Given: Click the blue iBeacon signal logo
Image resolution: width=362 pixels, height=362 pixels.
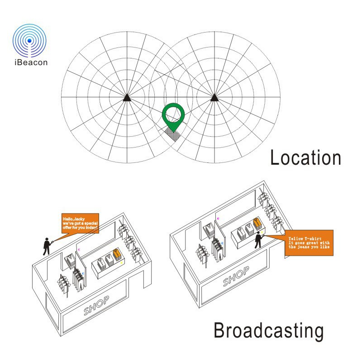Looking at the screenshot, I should [30, 40].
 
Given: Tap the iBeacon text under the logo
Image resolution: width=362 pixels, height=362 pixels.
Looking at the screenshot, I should [30, 63].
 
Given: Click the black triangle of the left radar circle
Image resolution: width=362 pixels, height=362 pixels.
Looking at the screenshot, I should [127, 97].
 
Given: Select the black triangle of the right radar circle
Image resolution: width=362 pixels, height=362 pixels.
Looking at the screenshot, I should [214, 97].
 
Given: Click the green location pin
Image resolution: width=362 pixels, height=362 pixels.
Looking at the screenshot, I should [174, 116].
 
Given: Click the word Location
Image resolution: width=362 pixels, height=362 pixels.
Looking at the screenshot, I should [305, 158].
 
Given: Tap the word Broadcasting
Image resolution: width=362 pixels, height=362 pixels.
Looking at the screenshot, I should [268, 331].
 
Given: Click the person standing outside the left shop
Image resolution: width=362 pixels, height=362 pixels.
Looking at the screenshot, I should [46, 246].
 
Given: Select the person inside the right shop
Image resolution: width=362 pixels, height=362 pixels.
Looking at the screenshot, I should [258, 240].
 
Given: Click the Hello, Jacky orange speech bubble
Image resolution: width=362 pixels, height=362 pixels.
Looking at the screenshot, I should [80, 224].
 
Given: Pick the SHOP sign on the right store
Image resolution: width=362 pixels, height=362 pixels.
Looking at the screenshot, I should [235, 277].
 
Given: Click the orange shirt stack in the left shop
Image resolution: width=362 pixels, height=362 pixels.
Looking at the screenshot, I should [117, 254].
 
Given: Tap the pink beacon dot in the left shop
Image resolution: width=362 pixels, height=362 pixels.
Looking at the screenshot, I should [79, 249].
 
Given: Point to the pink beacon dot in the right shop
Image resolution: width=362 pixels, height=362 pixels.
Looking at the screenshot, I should [219, 219].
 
